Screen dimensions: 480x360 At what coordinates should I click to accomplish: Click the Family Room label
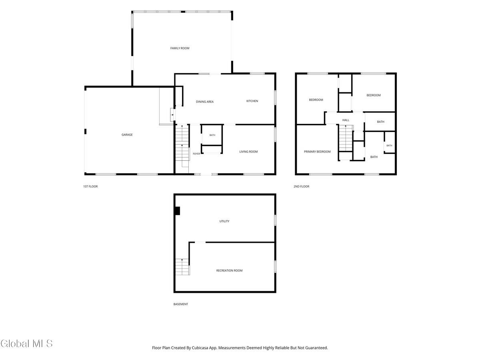click(x=180, y=48)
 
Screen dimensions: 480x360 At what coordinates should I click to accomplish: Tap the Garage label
click(x=127, y=135)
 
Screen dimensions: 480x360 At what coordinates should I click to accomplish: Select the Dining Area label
click(x=204, y=102)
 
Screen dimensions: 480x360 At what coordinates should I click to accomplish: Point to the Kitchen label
click(x=252, y=101)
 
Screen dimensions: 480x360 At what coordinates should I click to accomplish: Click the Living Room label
click(x=248, y=152)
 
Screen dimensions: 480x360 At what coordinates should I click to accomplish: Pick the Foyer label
click(x=196, y=154)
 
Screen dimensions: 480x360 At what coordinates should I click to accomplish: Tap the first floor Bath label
click(x=212, y=135)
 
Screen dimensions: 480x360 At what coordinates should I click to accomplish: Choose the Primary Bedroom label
click(x=317, y=152)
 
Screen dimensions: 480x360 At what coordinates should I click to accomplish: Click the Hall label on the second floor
click(x=346, y=120)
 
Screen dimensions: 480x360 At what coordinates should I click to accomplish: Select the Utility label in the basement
click(x=224, y=221)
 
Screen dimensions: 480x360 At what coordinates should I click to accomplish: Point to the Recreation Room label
click(x=229, y=271)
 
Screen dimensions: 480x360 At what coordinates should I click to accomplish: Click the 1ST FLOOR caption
click(x=90, y=186)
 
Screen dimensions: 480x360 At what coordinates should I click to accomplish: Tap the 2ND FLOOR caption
click(x=301, y=186)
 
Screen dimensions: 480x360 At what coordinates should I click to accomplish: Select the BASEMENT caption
click(x=180, y=304)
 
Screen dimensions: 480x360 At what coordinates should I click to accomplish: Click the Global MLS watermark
click(x=26, y=344)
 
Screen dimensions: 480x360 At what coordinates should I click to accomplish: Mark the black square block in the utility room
click(x=177, y=211)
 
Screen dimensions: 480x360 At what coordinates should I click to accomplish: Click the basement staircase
click(x=182, y=267)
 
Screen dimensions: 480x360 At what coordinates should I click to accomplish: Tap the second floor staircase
click(x=345, y=138)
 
